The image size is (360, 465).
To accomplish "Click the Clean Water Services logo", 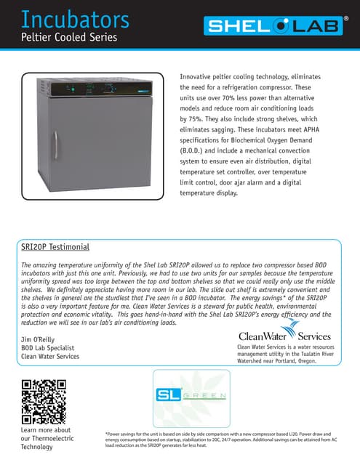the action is [x=284, y=335].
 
